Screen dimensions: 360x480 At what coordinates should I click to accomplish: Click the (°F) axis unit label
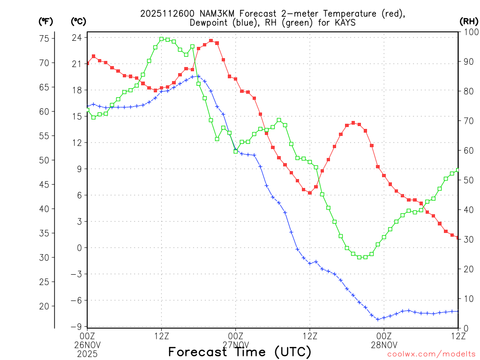pos(46,22)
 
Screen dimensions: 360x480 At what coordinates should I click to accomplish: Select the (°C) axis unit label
pos(78,22)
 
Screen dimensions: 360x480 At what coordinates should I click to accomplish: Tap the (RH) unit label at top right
pos(468,22)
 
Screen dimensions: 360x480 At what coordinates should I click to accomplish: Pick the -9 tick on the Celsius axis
pos(76,327)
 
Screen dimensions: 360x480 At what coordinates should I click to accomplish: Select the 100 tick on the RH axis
pos(469,32)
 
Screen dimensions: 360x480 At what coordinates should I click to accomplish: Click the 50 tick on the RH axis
pos(467,180)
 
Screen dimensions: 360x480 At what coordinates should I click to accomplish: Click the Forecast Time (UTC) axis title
pos(240,352)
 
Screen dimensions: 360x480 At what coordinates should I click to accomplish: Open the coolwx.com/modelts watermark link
pos(431,354)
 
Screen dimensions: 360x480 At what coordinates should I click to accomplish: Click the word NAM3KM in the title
pos(212,14)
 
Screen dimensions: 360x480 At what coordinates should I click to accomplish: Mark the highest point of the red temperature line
pos(211,41)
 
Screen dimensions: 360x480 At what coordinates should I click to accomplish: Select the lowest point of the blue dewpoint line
pos(378,319)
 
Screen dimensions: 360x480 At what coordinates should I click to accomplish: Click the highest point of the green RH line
pos(162,39)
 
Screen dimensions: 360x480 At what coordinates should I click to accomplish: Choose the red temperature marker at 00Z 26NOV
pos(88,63)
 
